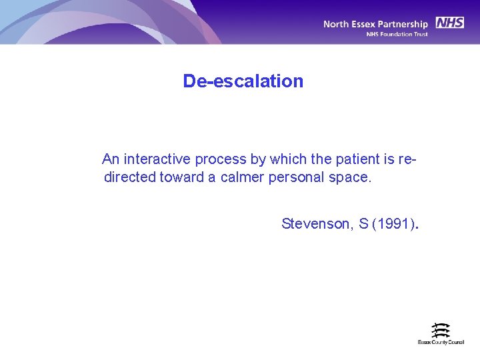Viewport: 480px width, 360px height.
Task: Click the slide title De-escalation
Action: tap(243, 81)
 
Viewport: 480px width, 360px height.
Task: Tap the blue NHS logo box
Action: tap(449, 23)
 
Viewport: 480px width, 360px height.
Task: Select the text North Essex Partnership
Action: tap(375, 24)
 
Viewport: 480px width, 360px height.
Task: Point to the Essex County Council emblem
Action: tap(441, 330)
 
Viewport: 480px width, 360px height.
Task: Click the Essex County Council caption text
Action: tap(441, 342)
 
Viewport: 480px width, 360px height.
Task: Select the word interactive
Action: tap(157, 159)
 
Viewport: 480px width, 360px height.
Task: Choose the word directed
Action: tap(130, 177)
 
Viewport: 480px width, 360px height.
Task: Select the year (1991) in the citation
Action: tap(393, 224)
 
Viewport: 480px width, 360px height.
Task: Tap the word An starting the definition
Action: tap(111, 159)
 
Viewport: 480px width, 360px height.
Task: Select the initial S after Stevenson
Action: tap(363, 224)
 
